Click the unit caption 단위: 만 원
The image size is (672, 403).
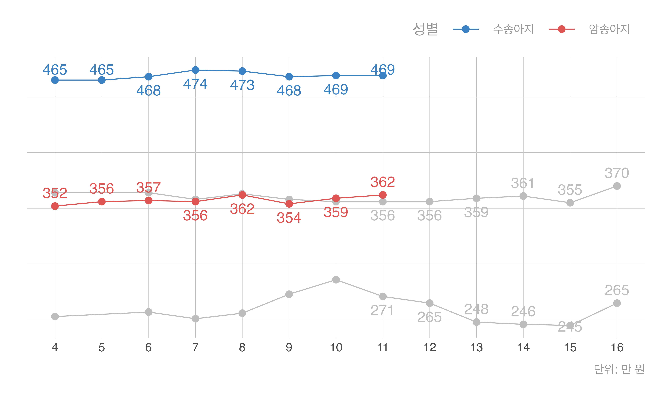point(619,369)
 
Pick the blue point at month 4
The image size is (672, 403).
point(55,80)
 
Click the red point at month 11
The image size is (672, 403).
point(383,195)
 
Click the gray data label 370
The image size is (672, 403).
point(617,173)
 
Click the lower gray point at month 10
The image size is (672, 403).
point(336,280)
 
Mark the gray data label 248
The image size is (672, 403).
point(476,309)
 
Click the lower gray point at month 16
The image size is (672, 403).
point(617,303)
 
